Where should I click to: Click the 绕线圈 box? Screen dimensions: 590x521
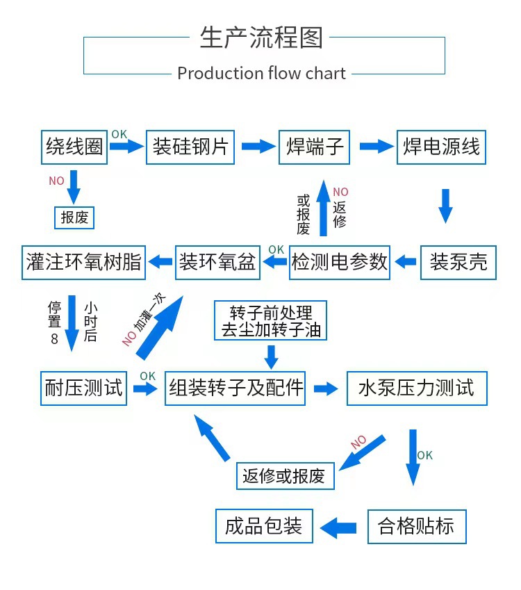74,147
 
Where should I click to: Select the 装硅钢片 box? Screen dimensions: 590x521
190,147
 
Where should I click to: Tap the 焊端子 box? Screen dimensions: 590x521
315,147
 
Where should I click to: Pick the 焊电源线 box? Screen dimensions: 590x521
441,147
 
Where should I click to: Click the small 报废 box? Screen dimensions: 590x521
74,218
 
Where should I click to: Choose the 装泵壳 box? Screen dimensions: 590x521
458,262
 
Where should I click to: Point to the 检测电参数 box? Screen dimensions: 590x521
340,262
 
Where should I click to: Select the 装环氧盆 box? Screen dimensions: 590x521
218,262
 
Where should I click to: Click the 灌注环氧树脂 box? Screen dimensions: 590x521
83,262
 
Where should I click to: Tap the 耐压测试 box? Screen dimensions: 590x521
83,388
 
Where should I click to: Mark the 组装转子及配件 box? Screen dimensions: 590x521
236,388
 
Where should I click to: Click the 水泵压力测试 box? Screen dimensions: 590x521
416,388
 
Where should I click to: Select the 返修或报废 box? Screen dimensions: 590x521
284,476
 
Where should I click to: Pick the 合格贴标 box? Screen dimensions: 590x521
416,526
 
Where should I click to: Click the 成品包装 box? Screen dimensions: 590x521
264,526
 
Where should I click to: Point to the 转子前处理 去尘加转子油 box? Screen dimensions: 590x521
271,321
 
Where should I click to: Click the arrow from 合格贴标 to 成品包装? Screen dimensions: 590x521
340,527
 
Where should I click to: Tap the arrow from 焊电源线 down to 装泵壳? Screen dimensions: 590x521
445,206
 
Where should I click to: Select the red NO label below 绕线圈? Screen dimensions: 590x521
56,181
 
